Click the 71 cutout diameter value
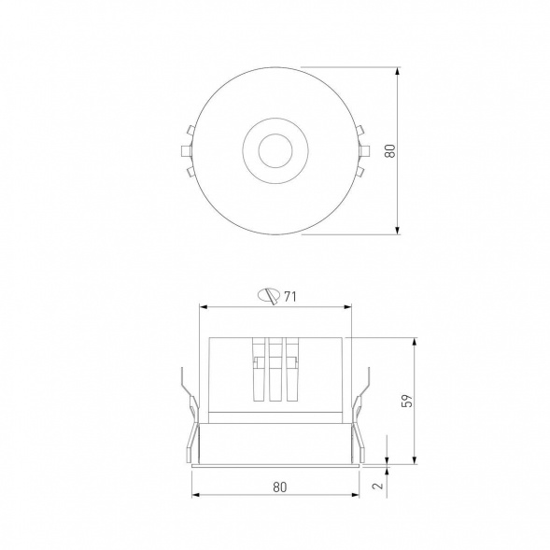coord(290,297)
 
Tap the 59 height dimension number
coord(407,401)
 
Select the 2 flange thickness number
coord(378,486)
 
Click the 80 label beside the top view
coord(390,151)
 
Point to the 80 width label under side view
coord(279,487)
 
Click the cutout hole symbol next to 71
coord(269,296)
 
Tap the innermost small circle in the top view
coord(275,150)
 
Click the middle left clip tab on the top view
coord(186,151)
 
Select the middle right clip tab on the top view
coord(364,151)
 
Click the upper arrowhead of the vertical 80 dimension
coord(397,71)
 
